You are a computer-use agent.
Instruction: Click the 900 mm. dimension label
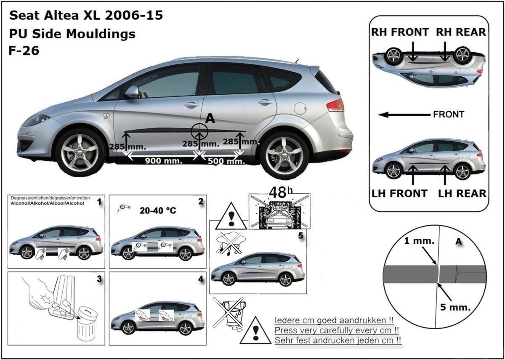tap(164, 161)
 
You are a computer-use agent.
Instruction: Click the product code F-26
tap(24, 51)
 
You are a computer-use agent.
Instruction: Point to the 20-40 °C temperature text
tap(157, 210)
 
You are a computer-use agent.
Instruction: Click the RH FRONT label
tap(400, 32)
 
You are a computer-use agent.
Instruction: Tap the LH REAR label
tap(462, 193)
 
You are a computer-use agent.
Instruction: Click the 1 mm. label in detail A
tap(414, 242)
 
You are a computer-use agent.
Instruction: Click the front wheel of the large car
tap(80, 152)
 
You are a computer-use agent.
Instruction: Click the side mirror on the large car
tap(132, 92)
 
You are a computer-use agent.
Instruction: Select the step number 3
tap(99, 279)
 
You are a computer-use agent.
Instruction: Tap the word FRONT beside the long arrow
tap(449, 114)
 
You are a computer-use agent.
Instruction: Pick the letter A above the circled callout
tap(210, 119)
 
